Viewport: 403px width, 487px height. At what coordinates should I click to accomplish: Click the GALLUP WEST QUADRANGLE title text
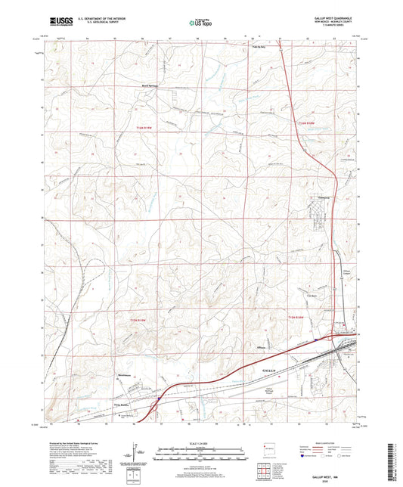[x=332, y=17]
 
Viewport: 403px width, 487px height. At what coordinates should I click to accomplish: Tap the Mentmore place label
[x=124, y=375]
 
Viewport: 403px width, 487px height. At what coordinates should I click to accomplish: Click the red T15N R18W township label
[x=301, y=315]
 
